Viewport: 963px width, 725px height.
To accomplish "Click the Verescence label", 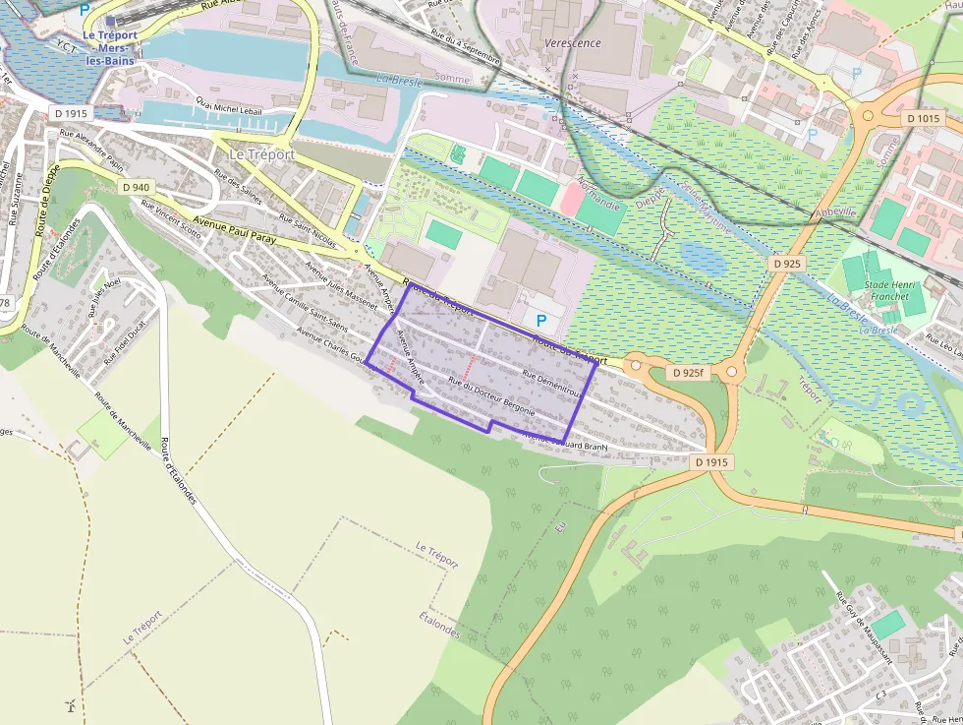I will [x=600, y=43].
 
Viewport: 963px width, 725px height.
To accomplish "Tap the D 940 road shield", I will [x=136, y=187].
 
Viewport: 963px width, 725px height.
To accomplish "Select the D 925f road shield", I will [x=689, y=374].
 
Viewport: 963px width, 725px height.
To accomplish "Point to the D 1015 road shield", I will [x=923, y=118].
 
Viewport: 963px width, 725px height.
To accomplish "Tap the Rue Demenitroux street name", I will [x=552, y=385].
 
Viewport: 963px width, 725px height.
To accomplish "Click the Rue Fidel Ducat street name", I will [x=130, y=338].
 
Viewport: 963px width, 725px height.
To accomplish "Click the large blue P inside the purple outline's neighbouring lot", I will [x=540, y=320].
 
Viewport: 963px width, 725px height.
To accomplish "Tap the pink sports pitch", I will [x=569, y=200].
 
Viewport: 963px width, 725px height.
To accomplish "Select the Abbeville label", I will [x=835, y=212].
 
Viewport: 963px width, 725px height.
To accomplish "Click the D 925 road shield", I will [x=787, y=265].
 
